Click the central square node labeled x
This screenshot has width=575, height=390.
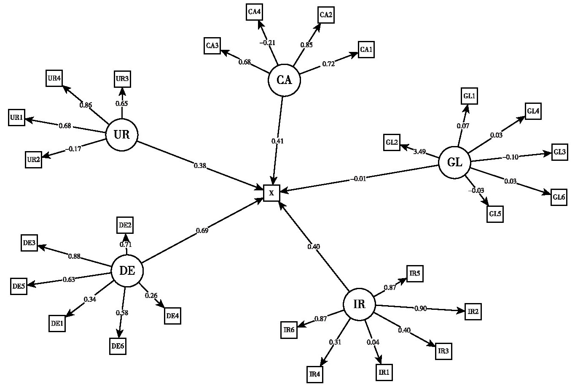tap(271, 193)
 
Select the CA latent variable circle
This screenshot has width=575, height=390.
tap(285, 80)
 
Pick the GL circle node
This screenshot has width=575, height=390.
tap(454, 162)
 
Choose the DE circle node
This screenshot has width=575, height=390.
tap(127, 271)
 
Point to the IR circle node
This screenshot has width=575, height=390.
tap(359, 305)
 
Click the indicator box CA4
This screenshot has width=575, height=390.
tap(255, 12)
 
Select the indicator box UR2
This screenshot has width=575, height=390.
tap(33, 159)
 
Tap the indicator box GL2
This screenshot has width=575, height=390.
tap(392, 142)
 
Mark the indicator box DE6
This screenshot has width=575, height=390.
tap(118, 346)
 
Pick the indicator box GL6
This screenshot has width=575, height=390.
tap(559, 197)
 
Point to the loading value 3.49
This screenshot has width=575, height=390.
tap(419, 152)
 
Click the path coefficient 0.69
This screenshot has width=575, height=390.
tap(202, 230)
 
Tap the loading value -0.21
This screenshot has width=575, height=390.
tap(267, 42)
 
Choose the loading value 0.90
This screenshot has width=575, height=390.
tap(421, 309)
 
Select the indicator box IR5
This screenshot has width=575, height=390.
tap(414, 274)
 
